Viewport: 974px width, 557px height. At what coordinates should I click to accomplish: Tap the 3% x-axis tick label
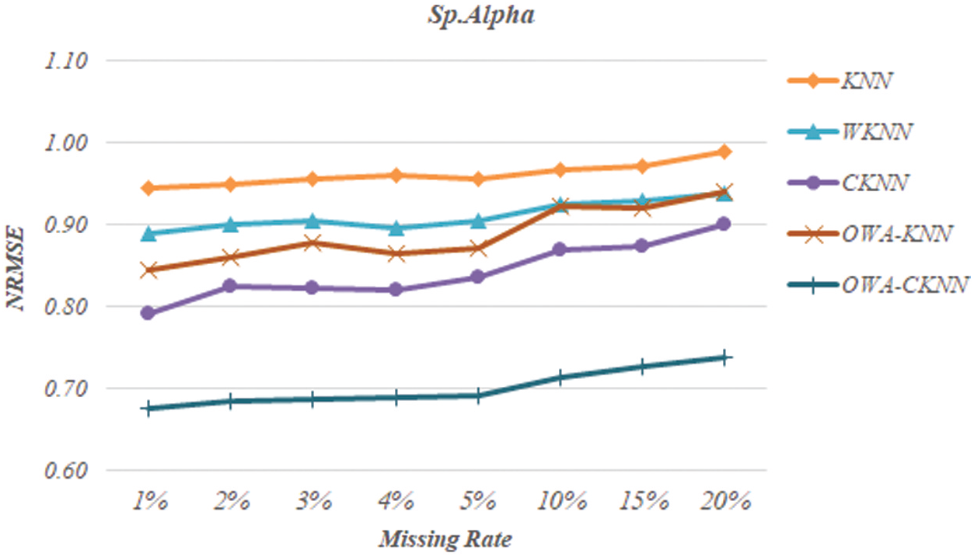click(312, 502)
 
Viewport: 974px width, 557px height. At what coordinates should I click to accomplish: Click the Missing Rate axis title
click(445, 538)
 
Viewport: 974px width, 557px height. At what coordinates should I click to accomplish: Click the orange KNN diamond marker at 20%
click(724, 151)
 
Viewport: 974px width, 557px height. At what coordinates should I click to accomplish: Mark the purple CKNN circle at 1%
click(148, 313)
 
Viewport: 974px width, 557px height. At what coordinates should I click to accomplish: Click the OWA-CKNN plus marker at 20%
click(724, 357)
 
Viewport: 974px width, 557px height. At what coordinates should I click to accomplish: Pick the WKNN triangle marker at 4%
click(396, 228)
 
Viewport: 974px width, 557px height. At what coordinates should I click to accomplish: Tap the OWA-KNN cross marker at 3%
click(312, 243)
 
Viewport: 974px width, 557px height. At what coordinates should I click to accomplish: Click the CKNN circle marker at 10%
click(559, 249)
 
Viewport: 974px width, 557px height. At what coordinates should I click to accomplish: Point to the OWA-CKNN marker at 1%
click(148, 408)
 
